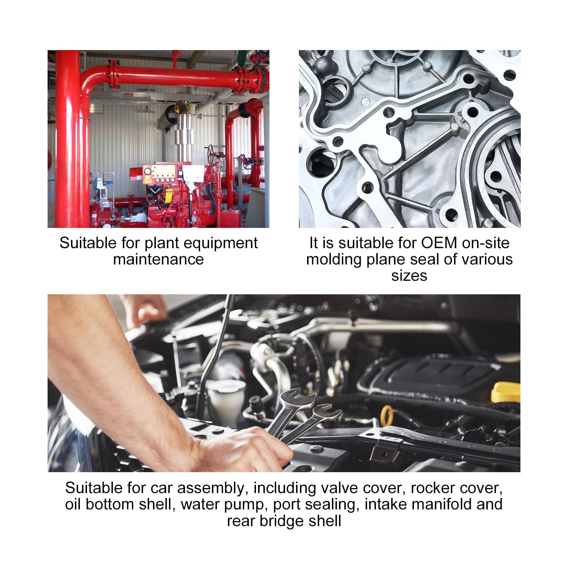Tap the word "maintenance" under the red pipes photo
click(158, 259)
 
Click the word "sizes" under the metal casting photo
click(409, 276)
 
